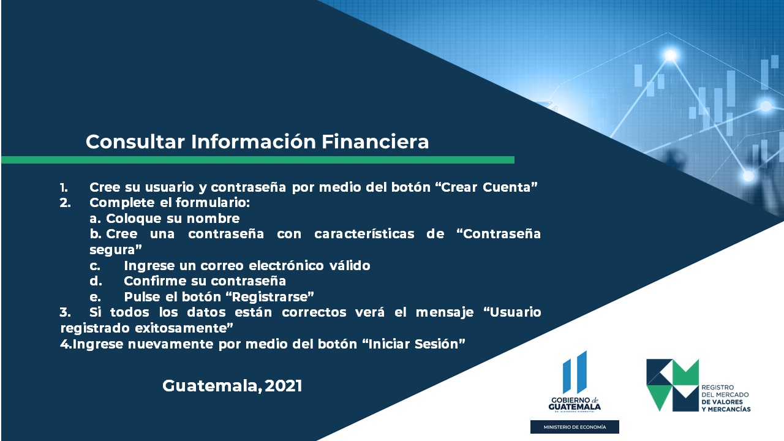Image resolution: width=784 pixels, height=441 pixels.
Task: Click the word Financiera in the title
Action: point(375,141)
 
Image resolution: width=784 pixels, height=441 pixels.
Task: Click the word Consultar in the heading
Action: point(135,141)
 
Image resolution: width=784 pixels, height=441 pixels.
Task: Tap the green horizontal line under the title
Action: point(258,160)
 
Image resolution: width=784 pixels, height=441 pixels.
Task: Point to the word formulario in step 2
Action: point(213,203)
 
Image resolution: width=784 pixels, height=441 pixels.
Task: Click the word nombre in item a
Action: point(213,219)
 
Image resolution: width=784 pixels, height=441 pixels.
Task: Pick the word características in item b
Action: point(364,234)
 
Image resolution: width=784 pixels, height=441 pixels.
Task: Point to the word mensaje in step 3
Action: point(445,312)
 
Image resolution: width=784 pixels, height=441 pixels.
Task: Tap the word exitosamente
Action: point(184,328)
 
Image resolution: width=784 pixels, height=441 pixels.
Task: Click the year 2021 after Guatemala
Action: point(284,386)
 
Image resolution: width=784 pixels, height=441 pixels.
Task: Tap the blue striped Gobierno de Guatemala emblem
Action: point(575,372)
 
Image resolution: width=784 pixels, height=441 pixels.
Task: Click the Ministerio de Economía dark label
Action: point(575,427)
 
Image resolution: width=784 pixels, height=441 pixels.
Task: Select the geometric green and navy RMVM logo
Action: point(673,385)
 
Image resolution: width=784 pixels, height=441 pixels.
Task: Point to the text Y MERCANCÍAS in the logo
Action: point(726,409)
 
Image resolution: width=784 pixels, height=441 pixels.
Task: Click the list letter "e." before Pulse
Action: point(95,297)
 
